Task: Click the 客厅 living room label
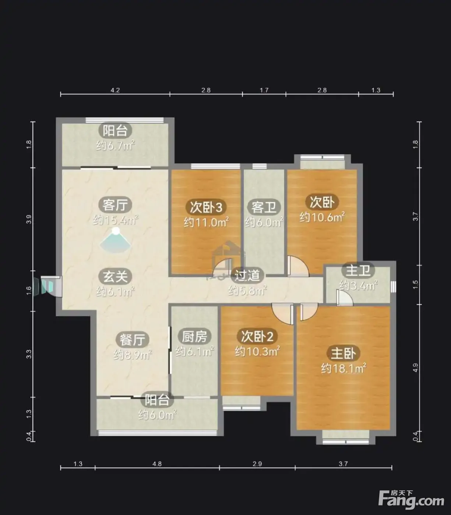(115, 205)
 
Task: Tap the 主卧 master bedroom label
(343, 354)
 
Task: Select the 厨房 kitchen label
(194, 337)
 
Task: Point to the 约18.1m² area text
(343, 369)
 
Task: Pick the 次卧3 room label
(206, 207)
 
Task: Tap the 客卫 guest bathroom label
(264, 207)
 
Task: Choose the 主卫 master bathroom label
(358, 271)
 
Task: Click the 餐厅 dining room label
(132, 340)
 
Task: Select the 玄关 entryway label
(115, 277)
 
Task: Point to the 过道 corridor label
(247, 275)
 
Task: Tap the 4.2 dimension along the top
(115, 90)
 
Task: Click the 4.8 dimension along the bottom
(157, 464)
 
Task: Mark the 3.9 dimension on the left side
(29, 219)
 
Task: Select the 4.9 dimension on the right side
(416, 368)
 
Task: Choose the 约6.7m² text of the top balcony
(115, 146)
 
